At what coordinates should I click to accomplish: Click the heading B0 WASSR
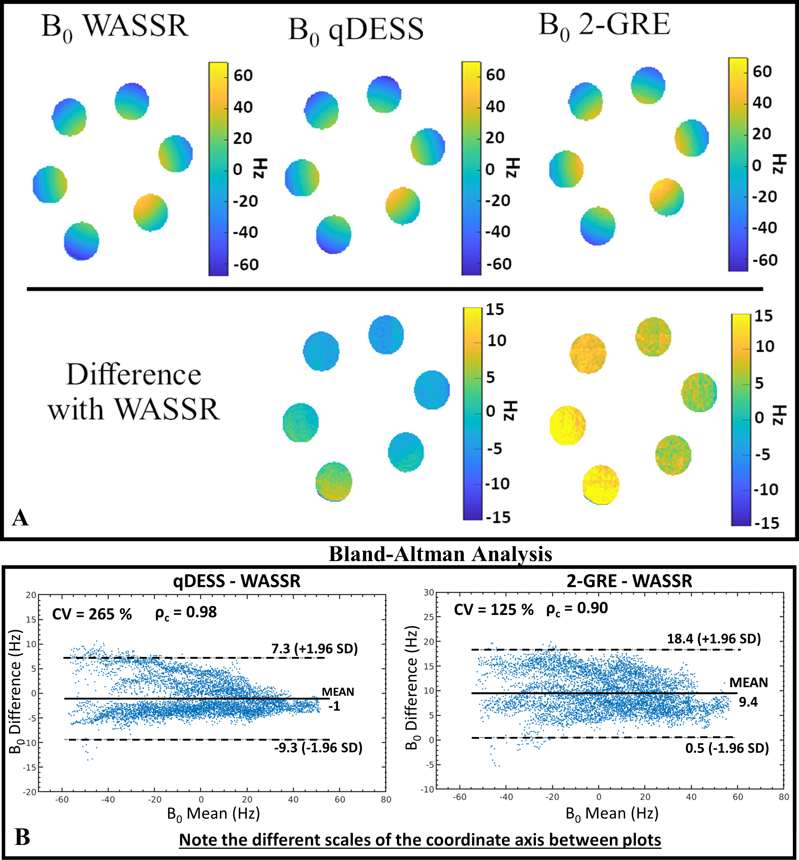[x=114, y=27]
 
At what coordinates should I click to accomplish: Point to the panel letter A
[x=20, y=517]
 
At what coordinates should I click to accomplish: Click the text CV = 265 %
[x=92, y=614]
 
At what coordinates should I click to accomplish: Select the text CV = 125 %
[x=493, y=609]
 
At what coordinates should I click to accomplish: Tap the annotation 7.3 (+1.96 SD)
[x=314, y=648]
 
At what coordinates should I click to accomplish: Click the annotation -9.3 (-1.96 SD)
[x=318, y=748]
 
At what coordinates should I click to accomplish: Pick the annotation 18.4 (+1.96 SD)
[x=714, y=639]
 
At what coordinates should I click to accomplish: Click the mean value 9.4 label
[x=748, y=702]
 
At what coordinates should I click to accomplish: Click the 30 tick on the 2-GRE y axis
[x=428, y=592]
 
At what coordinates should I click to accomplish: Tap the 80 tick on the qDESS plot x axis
[x=386, y=800]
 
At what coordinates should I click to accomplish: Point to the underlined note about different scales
[x=420, y=840]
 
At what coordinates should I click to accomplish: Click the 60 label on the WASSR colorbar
[x=243, y=76]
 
